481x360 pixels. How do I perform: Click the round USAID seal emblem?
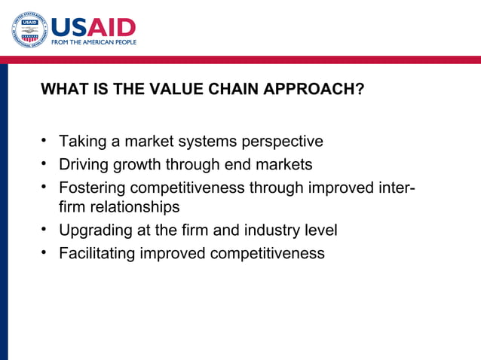tap(29, 30)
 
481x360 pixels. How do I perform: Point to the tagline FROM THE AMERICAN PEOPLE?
tap(93, 43)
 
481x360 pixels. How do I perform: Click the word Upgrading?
tap(95, 230)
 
